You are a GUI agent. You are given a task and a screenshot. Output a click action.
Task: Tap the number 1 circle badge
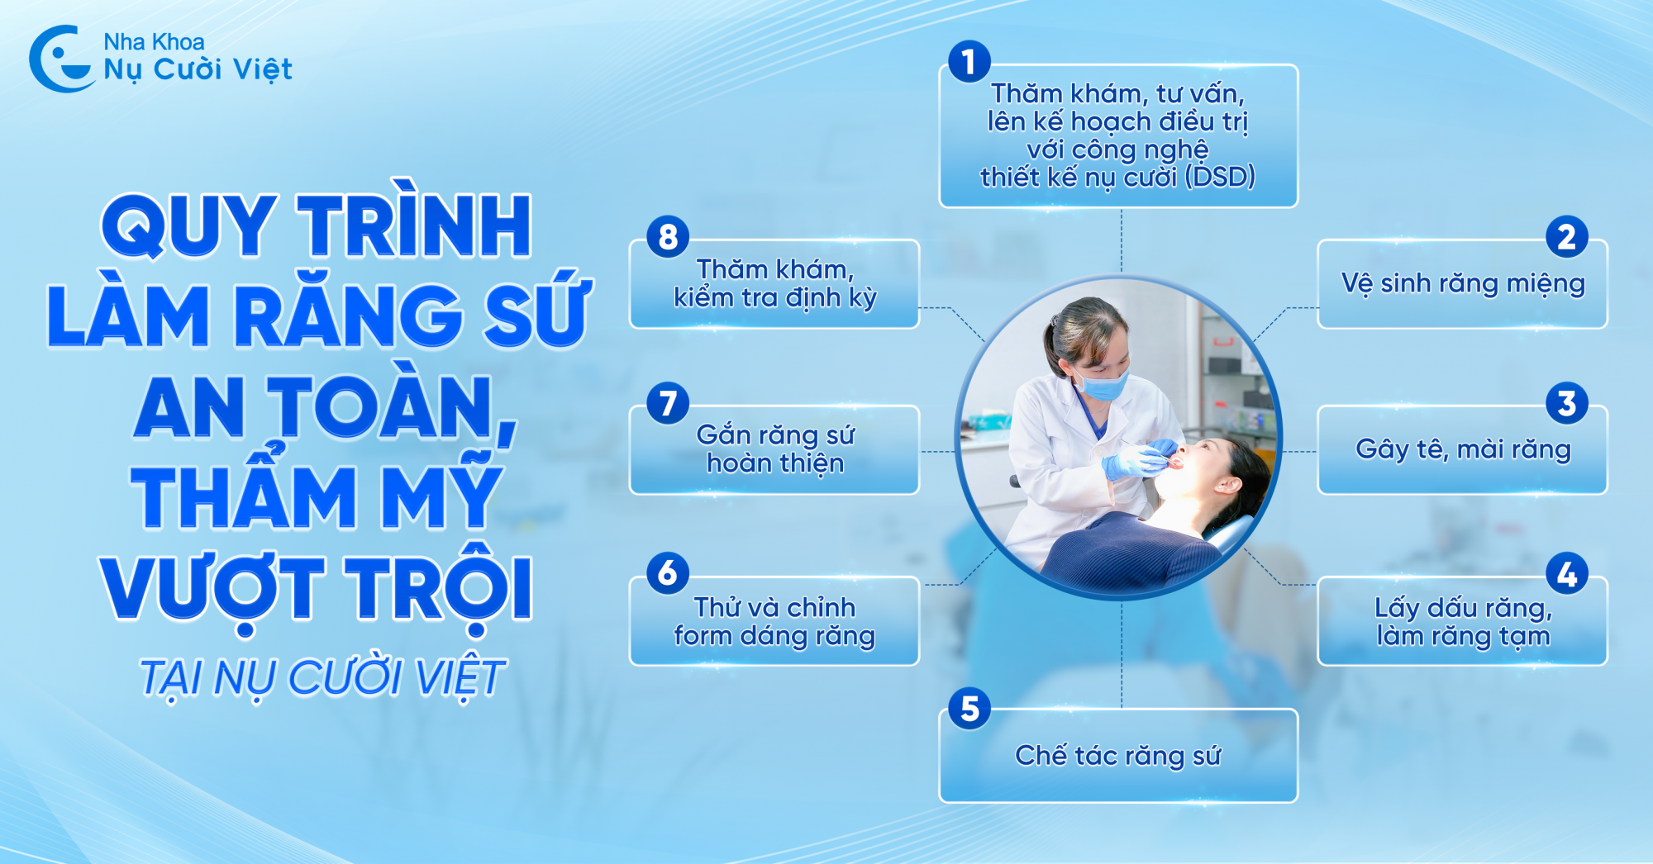(x=969, y=62)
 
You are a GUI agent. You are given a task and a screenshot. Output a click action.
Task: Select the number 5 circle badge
(x=969, y=709)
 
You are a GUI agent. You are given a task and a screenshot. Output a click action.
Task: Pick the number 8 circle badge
(x=668, y=237)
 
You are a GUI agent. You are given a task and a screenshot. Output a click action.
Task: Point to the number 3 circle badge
(x=1566, y=404)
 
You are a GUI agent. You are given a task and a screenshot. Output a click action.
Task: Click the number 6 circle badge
(x=668, y=573)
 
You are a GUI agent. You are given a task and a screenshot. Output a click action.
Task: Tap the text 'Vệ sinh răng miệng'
(x=1463, y=283)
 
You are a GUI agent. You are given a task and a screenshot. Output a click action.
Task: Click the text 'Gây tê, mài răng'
(x=1463, y=449)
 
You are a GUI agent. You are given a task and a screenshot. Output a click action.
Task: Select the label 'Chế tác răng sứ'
(x=1117, y=756)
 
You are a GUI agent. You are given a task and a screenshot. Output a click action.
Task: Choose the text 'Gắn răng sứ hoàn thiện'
(x=775, y=449)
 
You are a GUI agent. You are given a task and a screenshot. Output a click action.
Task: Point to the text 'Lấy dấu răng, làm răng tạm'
(x=1463, y=622)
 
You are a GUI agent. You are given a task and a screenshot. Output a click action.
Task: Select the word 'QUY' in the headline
(x=188, y=225)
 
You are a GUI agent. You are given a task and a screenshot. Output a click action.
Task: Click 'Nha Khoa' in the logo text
(x=154, y=41)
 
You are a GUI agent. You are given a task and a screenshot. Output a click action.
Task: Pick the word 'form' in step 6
(x=703, y=636)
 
